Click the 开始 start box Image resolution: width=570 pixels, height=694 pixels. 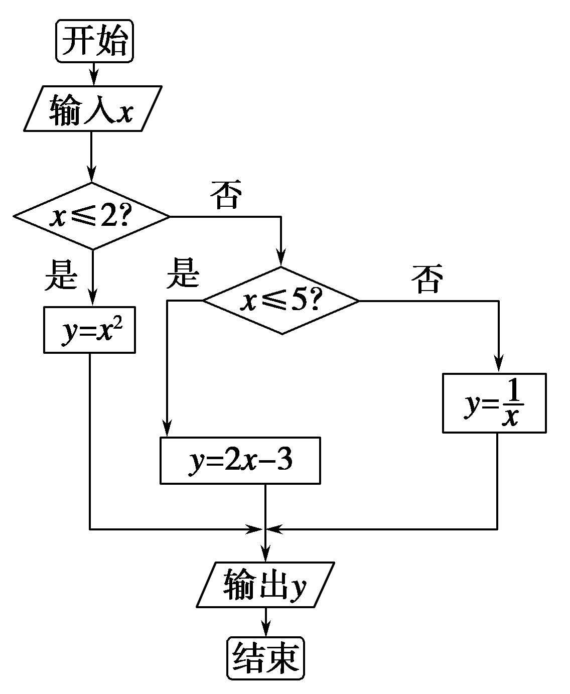95,41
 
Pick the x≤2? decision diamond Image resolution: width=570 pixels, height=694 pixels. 92,216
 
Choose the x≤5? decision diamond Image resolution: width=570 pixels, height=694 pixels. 281,301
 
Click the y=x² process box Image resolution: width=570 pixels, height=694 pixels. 89,330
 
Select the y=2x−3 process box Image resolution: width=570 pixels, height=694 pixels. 240,461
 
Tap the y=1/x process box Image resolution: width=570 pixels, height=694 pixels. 494,403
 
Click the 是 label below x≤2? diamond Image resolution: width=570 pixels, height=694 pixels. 60,275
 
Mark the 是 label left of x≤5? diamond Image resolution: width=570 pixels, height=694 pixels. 183,273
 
